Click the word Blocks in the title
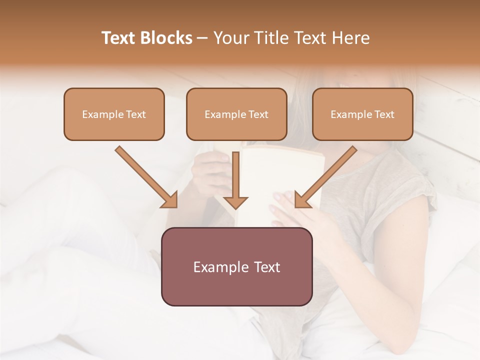166,38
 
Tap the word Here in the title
350,38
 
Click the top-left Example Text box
114,114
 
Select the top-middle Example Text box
236,114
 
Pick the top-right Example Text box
362,114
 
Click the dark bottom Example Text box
236,267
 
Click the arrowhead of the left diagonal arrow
170,200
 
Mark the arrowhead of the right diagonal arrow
302,200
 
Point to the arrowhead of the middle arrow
235,202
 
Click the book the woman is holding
280,170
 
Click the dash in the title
202,38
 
